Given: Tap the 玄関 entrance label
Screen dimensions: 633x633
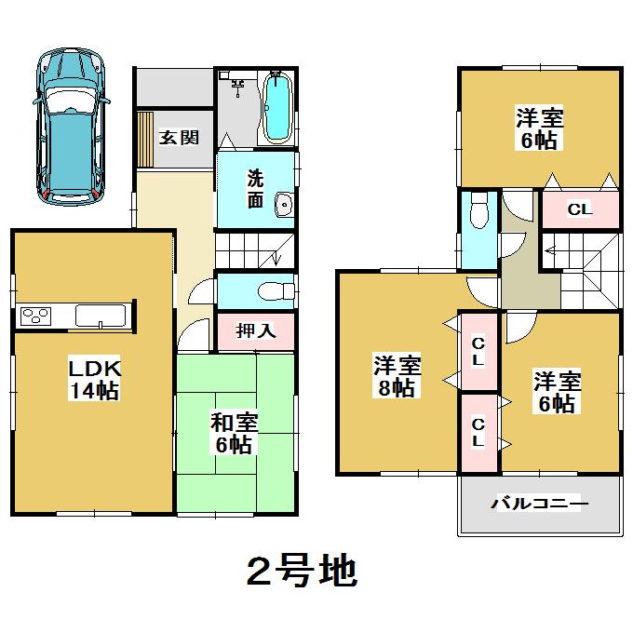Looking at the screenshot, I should click(178, 138).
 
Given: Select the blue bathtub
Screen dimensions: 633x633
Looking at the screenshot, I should click(278, 111).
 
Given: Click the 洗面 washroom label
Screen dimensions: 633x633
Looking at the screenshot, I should click(255, 187).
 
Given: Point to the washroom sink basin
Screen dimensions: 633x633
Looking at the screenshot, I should click(283, 207).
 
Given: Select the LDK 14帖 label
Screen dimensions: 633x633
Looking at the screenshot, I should click(93, 379).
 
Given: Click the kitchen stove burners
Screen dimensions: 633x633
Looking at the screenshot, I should click(35, 316).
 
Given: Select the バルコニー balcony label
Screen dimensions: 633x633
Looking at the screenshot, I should click(540, 504).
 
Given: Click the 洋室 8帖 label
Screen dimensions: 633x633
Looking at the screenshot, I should click(397, 375).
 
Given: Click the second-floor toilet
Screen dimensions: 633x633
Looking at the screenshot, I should click(478, 213).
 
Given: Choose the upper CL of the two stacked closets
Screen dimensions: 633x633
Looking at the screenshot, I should click(478, 350).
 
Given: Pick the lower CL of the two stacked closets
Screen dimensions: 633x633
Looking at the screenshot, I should click(478, 432).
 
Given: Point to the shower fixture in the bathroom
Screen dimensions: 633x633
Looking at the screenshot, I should click(239, 88).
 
